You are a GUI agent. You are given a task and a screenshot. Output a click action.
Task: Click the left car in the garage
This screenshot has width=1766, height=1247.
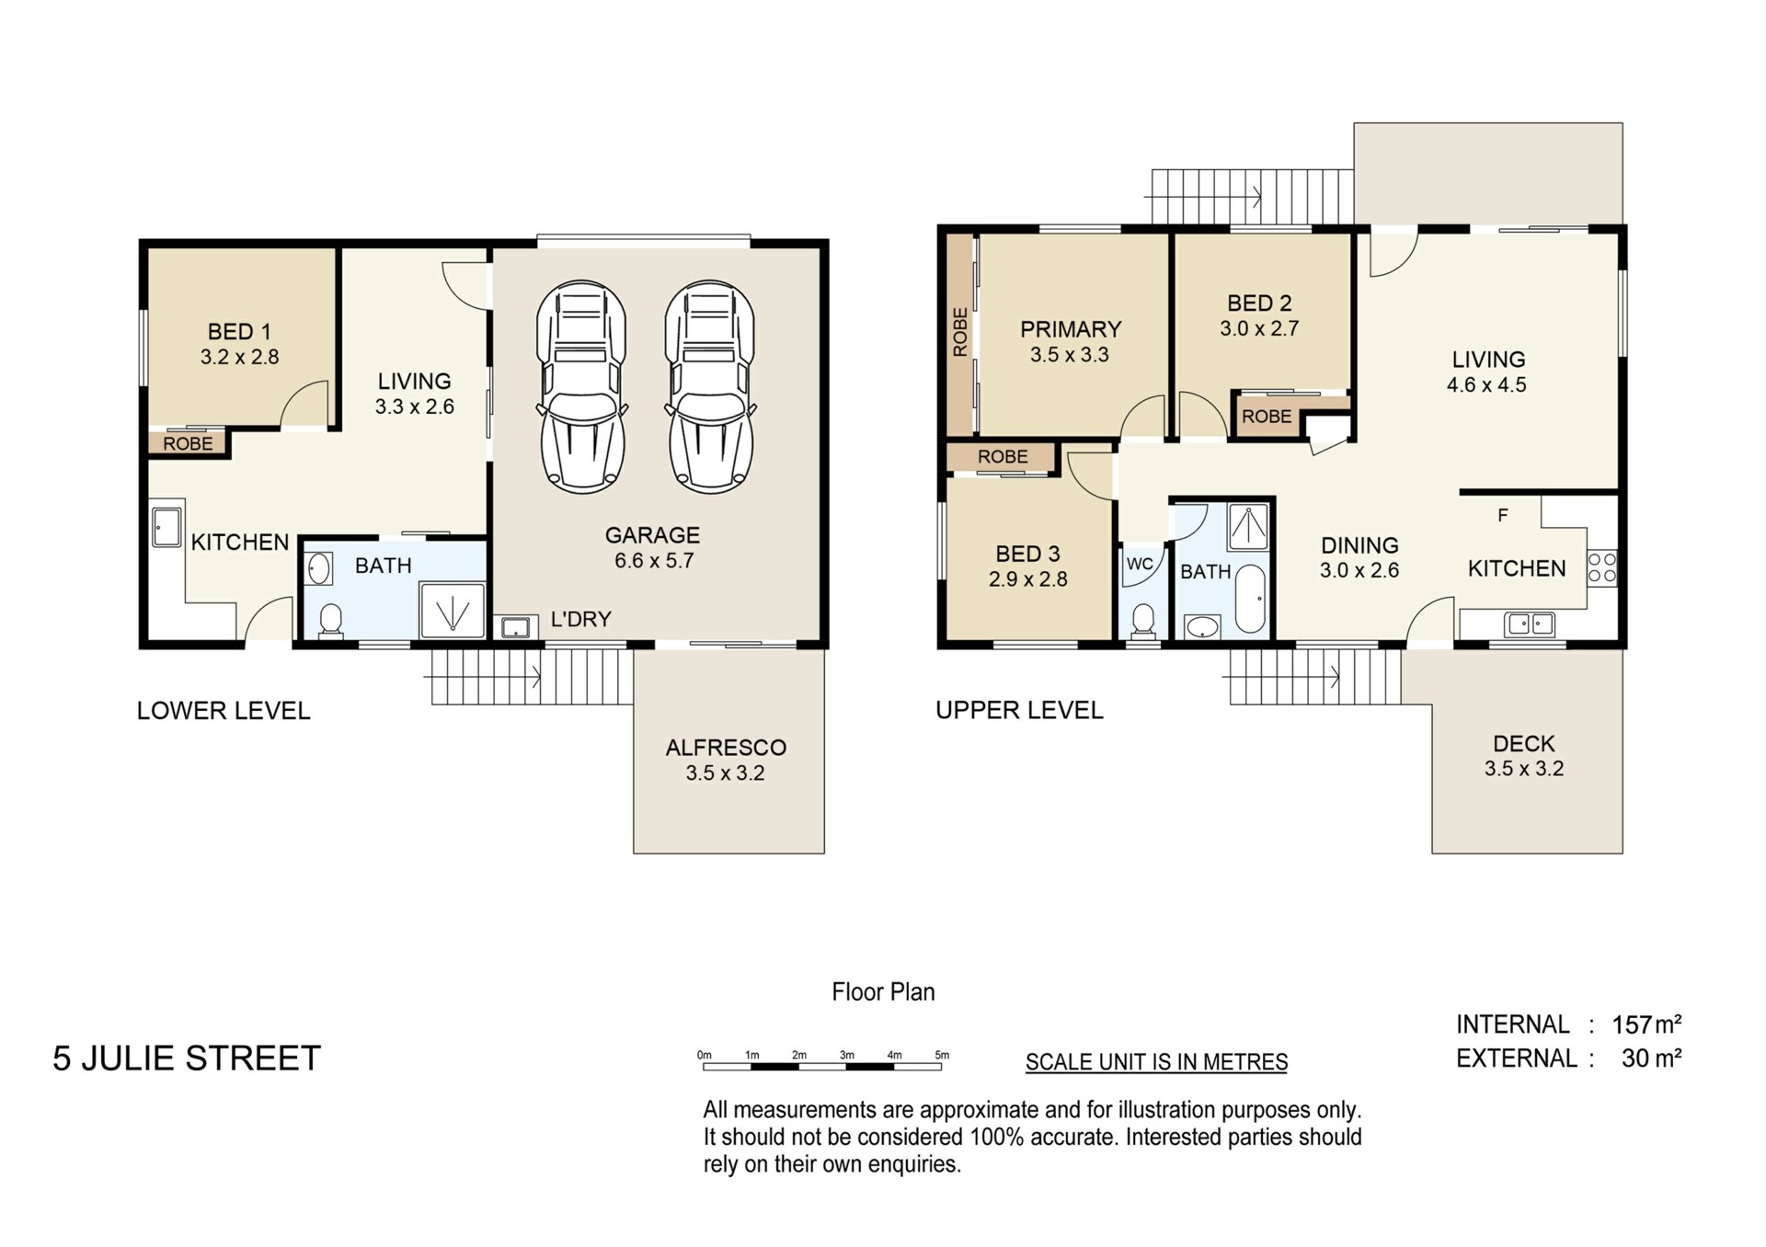[581, 386]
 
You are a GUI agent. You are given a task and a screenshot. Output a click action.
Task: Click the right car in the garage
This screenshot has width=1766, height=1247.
[710, 386]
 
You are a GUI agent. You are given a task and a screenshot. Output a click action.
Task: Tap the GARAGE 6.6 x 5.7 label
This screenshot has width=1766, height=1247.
[653, 547]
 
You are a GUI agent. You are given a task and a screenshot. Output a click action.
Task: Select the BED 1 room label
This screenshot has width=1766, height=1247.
[239, 344]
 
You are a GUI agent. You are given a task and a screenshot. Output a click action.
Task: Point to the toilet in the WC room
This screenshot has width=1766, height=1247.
[1142, 619]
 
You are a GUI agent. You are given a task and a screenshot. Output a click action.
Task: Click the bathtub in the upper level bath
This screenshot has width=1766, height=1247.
[1249, 599]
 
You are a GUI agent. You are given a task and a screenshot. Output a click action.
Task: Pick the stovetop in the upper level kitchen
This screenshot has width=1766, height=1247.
[1601, 567]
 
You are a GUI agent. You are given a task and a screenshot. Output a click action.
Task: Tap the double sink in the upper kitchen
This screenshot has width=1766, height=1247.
[1529, 624]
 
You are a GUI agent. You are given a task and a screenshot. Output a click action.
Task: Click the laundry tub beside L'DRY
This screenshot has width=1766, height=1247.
[515, 627]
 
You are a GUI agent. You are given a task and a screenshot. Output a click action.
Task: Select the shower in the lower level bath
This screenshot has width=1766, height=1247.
[452, 610]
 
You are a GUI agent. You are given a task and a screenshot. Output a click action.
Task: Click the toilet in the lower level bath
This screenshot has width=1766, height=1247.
[330, 621]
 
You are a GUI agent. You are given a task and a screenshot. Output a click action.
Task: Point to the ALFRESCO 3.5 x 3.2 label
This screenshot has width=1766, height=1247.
[726, 760]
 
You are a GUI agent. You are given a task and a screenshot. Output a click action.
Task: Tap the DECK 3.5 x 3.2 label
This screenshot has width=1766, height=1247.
[1524, 756]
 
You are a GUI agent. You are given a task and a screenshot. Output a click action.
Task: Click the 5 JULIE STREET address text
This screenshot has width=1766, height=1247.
[187, 1058]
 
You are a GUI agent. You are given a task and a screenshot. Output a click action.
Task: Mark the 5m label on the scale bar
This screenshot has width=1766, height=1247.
[942, 1055]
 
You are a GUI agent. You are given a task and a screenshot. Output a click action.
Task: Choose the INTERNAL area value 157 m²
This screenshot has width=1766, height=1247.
[1647, 1024]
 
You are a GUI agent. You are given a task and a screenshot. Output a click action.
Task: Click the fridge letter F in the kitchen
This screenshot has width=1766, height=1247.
[1503, 515]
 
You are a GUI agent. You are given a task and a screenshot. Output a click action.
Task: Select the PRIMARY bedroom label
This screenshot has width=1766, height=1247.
[1071, 329]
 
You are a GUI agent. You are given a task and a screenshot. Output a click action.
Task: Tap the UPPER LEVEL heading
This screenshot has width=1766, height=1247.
[1019, 710]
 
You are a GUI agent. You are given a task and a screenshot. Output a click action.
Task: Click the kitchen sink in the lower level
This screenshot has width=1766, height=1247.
[166, 527]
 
